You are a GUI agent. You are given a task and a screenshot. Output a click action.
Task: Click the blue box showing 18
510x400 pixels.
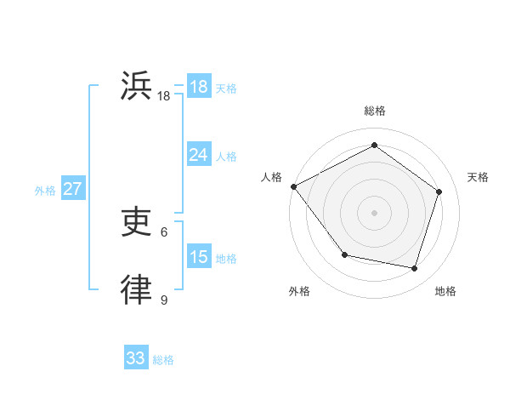198,87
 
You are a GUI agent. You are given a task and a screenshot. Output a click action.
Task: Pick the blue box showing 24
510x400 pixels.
198,155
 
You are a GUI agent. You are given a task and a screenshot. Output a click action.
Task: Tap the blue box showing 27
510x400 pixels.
72,189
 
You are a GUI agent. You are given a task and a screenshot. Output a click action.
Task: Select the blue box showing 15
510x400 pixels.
198,257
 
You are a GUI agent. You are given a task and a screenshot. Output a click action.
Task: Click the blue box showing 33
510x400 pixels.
136,358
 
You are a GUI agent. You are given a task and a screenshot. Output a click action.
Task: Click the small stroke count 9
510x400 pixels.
164,300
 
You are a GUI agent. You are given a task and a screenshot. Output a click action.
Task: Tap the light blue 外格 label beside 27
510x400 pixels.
45,191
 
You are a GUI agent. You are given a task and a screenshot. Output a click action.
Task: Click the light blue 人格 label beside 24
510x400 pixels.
226,157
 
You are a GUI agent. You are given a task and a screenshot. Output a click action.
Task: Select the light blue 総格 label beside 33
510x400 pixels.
163,360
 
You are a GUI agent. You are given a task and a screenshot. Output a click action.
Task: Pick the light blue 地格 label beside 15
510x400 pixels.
226,259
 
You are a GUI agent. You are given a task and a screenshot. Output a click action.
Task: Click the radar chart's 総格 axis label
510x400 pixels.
374,111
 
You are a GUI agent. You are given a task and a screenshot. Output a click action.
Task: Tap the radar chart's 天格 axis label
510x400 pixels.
478,177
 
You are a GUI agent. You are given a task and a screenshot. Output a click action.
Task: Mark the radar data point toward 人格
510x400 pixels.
293,186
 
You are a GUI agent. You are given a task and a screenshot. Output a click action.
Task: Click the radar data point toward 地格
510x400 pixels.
414,268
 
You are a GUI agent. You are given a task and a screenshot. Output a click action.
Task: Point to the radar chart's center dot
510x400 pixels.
374,212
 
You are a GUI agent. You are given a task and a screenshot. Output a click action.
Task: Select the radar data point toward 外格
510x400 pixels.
344,254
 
